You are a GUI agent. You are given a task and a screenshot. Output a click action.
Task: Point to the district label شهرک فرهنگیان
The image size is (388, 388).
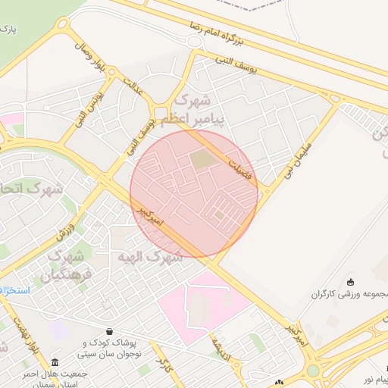(69, 264)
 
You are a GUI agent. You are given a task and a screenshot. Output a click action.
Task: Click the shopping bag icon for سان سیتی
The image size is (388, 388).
(111, 331)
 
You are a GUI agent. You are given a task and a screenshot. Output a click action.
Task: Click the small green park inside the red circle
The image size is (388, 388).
(201, 159)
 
